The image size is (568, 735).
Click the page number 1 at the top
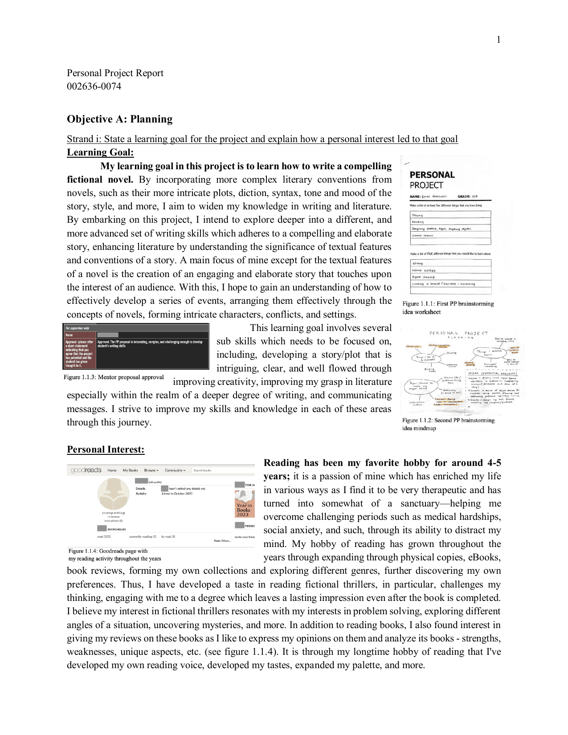[499, 40]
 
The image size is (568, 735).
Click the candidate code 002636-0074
[94, 86]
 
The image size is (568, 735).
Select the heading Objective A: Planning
[120, 119]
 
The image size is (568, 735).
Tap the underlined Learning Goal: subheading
[100, 152]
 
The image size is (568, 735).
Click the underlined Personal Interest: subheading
[106, 449]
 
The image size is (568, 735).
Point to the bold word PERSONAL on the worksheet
[432, 175]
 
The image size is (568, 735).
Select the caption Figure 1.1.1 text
[448, 307]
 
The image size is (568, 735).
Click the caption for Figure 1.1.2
[448, 424]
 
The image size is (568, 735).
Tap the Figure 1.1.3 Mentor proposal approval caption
[114, 377]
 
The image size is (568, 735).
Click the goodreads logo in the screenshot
[86, 470]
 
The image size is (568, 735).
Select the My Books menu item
[131, 470]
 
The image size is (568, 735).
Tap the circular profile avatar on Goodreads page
[113, 494]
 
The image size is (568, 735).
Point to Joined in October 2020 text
[177, 494]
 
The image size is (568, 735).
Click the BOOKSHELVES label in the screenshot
[116, 529]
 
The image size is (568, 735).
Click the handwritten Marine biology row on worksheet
[424, 270]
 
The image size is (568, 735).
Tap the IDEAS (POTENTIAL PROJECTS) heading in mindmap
[492, 373]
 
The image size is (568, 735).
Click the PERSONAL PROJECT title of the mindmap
[458, 333]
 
